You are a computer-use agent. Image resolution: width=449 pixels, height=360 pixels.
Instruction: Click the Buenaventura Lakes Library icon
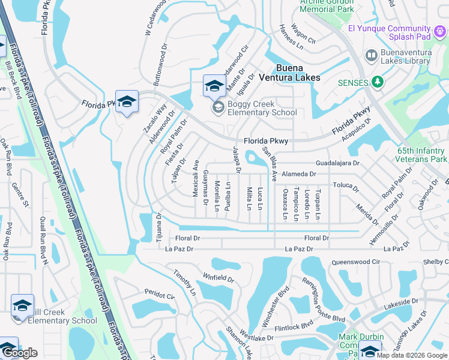click(x=372, y=56)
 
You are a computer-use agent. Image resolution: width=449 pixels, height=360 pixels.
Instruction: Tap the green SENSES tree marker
click(x=378, y=81)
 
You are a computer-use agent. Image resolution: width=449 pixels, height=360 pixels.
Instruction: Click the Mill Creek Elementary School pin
click(x=22, y=305)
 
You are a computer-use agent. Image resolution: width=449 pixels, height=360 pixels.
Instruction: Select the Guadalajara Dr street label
click(x=338, y=163)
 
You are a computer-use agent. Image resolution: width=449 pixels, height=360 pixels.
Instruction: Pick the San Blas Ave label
click(x=269, y=164)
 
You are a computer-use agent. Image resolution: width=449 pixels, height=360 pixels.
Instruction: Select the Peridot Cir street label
click(x=159, y=296)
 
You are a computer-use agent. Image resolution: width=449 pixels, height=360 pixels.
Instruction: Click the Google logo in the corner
click(x=19, y=353)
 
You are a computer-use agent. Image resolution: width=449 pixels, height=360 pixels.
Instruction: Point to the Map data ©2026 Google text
click(x=411, y=355)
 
